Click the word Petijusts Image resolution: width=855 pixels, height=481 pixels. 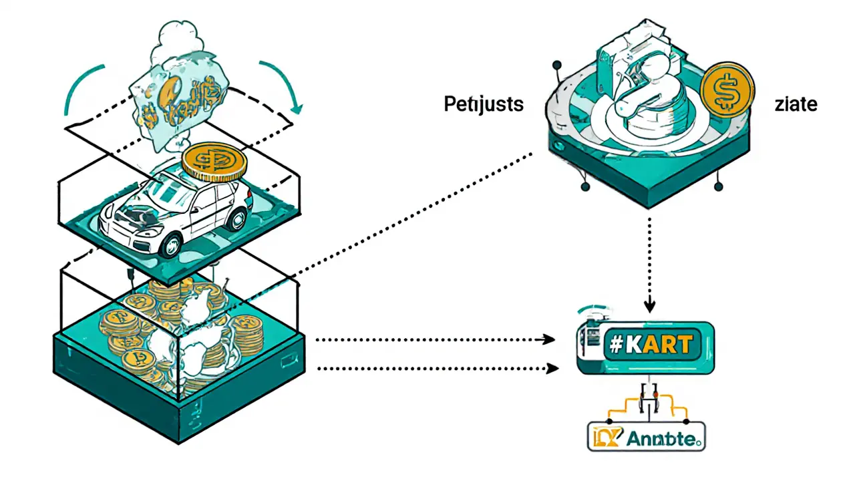[484, 105]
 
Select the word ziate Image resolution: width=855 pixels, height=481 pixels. [796, 105]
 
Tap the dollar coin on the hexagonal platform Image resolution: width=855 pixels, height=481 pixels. [728, 88]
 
